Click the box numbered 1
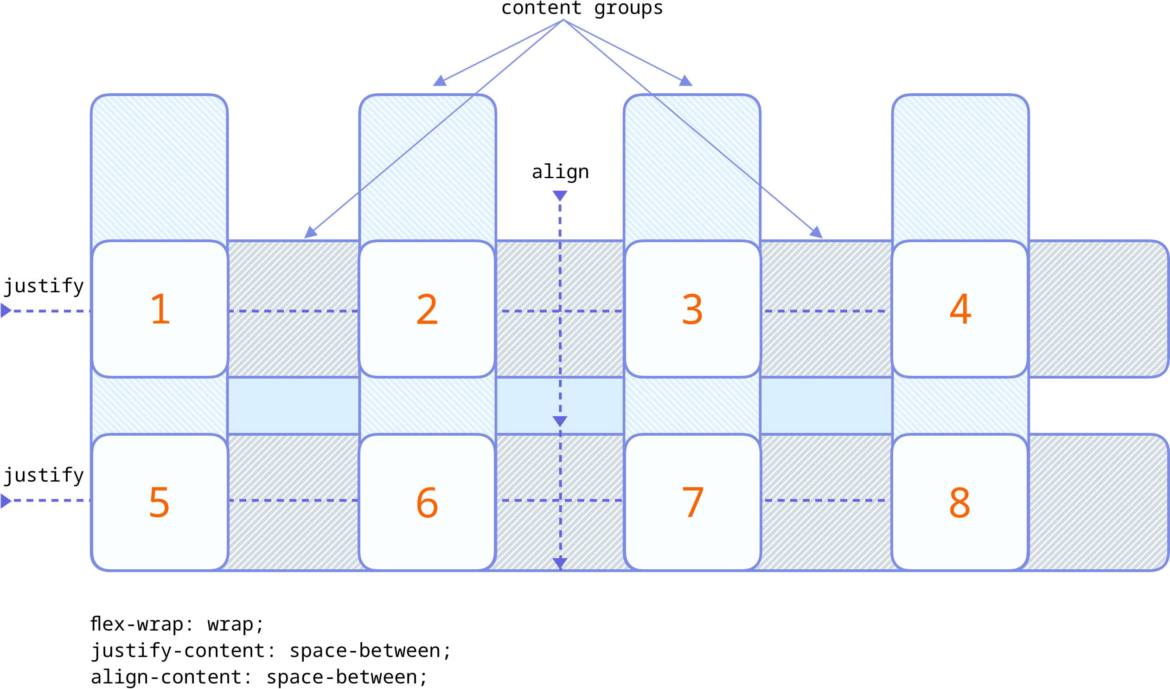pos(160,309)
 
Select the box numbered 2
pos(428,309)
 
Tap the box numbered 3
pos(693,309)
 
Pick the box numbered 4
pos(960,309)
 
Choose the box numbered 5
pos(160,502)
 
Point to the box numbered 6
pos(428,502)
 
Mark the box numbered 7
pos(693,502)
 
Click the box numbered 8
pos(960,502)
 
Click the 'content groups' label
pos(582,8)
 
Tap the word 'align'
pos(560,172)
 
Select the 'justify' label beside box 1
pos(44,286)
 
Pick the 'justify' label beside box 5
pos(44,475)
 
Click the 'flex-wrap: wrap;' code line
pos(177,624)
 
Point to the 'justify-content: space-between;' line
pos(271,650)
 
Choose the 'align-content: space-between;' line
pos(259,677)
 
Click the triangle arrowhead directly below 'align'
pos(560,196)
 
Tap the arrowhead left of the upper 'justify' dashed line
pos(6,310)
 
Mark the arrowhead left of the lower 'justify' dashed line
pos(6,501)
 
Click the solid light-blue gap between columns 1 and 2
pos(294,406)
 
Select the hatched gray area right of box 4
pos(1098,309)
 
